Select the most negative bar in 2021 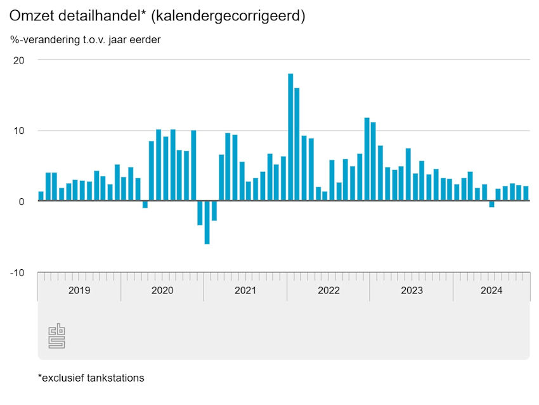click(x=207, y=222)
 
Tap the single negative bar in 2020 click(x=145, y=204)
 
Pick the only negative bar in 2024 click(x=491, y=204)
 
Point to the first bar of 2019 click(x=41, y=196)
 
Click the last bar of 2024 click(x=526, y=194)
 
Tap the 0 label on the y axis click(x=21, y=202)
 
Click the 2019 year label click(x=79, y=291)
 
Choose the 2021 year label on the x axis click(x=245, y=291)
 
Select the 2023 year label click(x=412, y=291)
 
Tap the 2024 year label click(x=491, y=291)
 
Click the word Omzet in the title click(x=30, y=16)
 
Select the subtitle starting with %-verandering click(x=86, y=40)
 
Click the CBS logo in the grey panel click(x=57, y=336)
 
